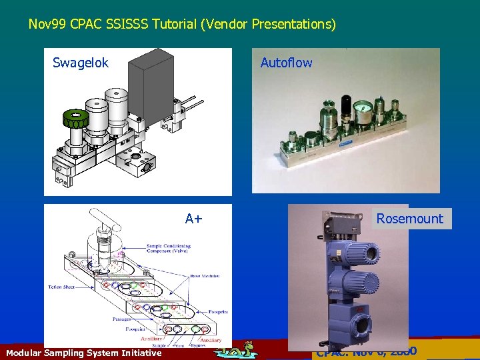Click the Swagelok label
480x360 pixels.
81,63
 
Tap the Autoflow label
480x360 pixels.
286,63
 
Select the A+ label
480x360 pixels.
194,219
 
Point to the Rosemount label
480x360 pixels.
409,219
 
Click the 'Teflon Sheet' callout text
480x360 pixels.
65,287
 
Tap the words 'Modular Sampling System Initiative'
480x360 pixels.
83,353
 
